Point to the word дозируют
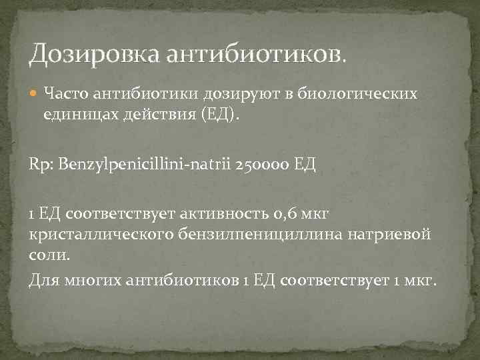[x=216, y=93]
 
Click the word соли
[x=48, y=254]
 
